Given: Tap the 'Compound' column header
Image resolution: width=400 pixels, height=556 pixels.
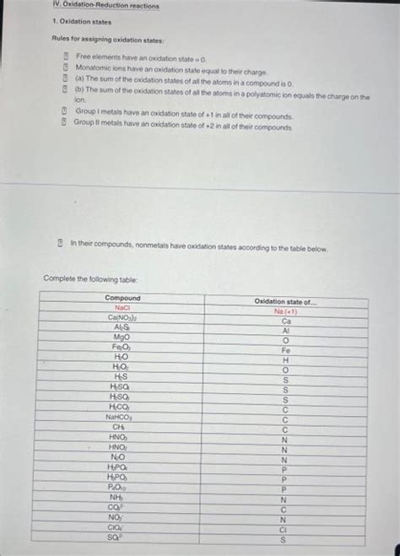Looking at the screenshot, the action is [123, 298].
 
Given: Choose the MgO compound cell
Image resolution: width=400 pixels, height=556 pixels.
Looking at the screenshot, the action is [122, 337].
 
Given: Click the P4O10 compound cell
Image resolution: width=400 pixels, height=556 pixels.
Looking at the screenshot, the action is [121, 486].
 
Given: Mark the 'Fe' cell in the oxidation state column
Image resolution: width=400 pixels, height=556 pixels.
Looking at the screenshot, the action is [286, 350].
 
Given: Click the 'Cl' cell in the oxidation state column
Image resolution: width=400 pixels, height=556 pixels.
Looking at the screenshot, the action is [284, 529].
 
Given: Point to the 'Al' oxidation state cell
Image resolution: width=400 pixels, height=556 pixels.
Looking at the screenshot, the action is [286, 331].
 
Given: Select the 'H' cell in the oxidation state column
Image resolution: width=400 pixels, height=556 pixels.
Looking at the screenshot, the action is [286, 360].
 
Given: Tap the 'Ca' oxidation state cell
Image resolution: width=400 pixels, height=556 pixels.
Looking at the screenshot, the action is [286, 321].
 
